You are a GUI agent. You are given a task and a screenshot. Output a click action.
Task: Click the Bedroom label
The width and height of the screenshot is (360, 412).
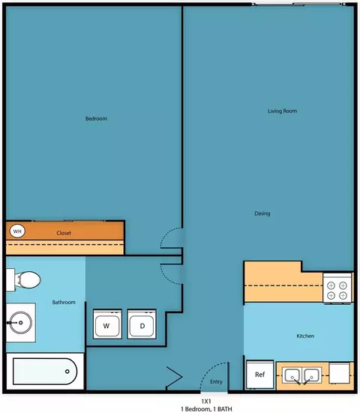click(96, 118)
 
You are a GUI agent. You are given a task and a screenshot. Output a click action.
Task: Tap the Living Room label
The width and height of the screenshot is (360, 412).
click(282, 111)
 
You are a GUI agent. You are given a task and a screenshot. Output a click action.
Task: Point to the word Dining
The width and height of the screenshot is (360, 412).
click(262, 213)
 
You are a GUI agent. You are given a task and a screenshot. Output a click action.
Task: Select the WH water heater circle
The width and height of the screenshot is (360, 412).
click(17, 231)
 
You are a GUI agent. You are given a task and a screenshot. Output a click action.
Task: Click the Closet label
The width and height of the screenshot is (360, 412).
click(64, 233)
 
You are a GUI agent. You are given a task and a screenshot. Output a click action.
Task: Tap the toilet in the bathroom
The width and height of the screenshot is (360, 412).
click(24, 280)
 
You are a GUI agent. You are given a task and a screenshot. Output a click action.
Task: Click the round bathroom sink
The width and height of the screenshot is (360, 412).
click(21, 322)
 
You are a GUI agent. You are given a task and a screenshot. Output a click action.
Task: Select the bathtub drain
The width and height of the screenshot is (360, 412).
click(67, 372)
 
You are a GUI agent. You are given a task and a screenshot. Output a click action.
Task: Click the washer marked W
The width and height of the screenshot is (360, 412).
click(107, 324)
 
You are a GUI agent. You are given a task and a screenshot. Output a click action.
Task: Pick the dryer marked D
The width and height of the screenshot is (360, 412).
click(142, 324)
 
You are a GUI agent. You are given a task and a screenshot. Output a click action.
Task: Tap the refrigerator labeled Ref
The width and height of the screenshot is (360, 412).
click(260, 375)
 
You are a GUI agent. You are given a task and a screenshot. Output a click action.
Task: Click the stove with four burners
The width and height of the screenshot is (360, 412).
click(337, 288)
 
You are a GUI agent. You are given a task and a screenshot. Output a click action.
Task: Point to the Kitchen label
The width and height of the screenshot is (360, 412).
click(305, 336)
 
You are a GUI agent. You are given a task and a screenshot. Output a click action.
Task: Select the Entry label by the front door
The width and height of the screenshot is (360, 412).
click(216, 382)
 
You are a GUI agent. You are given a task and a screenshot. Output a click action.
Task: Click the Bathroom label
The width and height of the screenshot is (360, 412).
click(64, 302)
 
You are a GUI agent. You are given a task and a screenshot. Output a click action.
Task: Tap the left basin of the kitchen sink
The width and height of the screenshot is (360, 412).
click(292, 375)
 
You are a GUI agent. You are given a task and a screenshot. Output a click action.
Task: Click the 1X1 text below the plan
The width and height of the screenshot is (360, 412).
click(206, 402)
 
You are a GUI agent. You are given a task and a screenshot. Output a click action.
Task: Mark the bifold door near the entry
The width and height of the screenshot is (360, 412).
click(174, 378)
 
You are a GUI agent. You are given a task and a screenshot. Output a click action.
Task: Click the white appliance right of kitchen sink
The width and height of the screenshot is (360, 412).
click(340, 373)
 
